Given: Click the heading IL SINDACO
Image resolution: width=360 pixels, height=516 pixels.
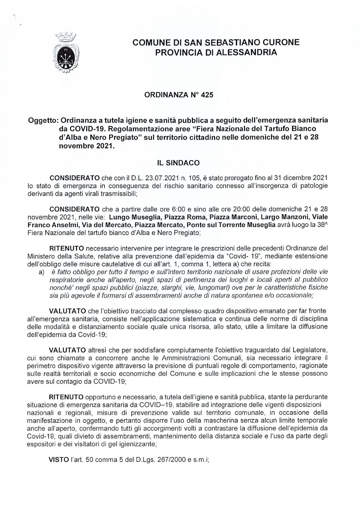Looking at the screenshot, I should [178, 164].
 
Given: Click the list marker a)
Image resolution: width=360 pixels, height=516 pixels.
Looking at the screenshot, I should [41, 273].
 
